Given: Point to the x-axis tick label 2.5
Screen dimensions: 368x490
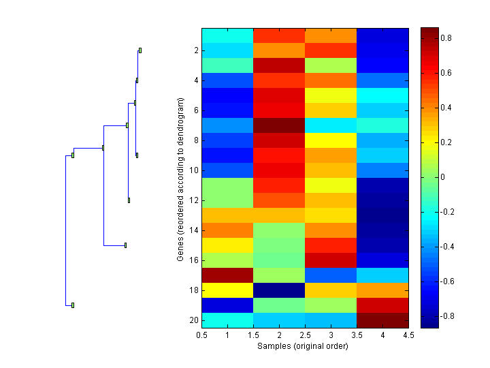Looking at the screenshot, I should click(x=306, y=335).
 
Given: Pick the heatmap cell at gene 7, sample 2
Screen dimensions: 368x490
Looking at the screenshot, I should click(x=279, y=125).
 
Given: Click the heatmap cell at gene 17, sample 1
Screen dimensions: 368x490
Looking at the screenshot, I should click(x=227, y=275).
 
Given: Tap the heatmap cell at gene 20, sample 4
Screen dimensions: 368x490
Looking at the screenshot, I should click(x=382, y=320).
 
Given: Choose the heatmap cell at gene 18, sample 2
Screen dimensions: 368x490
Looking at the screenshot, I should click(x=279, y=290).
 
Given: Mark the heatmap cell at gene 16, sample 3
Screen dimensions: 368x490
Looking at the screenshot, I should click(x=331, y=260).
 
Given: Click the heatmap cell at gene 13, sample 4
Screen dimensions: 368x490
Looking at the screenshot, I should click(x=382, y=215).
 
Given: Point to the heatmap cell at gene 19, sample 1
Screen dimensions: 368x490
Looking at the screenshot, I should click(x=227, y=305).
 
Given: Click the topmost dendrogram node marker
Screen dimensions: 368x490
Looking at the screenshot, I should click(x=140, y=50).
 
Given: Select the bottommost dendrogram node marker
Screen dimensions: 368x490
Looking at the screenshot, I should click(x=73, y=305).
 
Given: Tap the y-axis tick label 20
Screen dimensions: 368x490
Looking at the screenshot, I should click(x=195, y=320).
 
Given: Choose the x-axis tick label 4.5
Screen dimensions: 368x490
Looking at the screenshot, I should click(x=408, y=335).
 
